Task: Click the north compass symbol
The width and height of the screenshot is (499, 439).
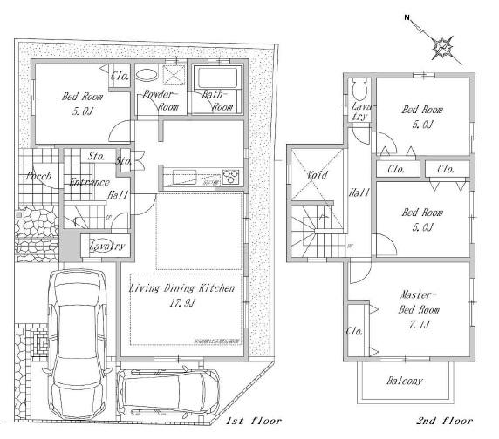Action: (444, 43)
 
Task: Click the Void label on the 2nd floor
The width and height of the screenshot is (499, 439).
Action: (317, 174)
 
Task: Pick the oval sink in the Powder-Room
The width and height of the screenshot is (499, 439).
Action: (149, 75)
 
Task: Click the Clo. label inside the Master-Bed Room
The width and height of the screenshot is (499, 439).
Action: (354, 331)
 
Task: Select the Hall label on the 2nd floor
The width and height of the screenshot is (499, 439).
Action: (358, 193)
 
